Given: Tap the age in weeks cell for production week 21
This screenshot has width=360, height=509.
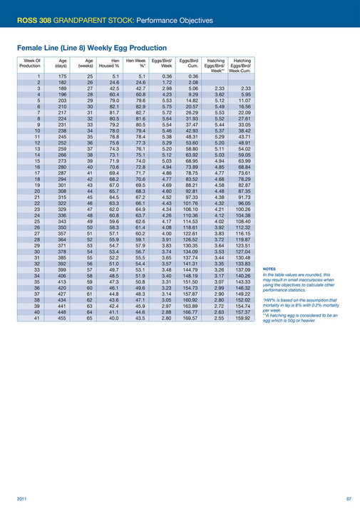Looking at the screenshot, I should click(x=90, y=198).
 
